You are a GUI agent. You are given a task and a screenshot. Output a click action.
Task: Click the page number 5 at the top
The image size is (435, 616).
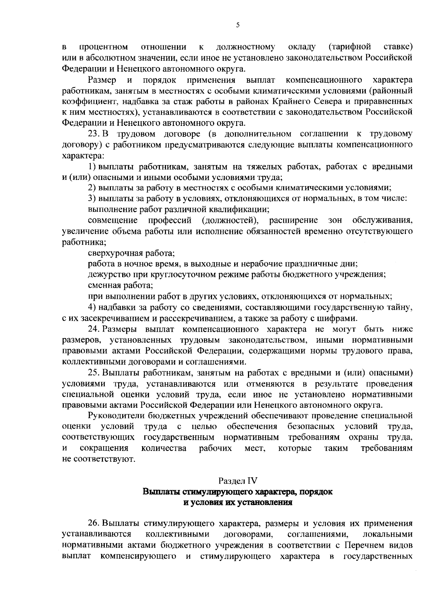tap(238, 25)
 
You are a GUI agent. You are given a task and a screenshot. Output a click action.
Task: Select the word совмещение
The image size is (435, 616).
tap(113, 221)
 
